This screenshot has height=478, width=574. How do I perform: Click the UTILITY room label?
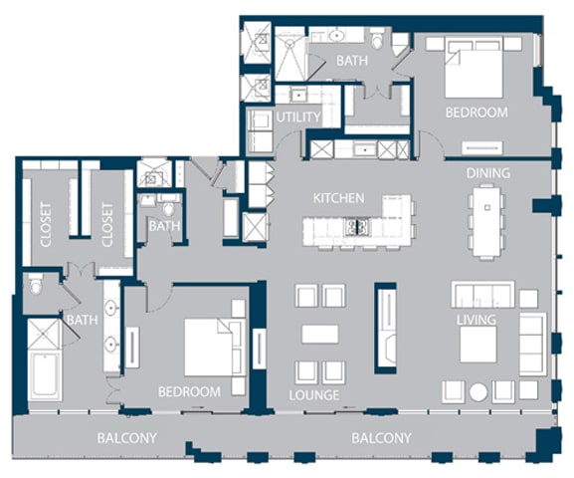click(298, 118)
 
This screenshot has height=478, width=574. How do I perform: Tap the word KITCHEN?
click(338, 198)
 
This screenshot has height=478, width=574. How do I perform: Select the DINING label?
click(488, 173)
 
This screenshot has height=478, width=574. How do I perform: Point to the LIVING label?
click(476, 320)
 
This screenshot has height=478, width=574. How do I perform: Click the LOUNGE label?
click(314, 395)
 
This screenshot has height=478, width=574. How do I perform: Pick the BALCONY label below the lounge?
click(381, 438)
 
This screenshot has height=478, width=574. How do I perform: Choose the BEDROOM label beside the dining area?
click(476, 113)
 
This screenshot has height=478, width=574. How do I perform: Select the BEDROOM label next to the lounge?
click(189, 391)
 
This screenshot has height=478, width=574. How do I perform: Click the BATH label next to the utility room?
click(351, 61)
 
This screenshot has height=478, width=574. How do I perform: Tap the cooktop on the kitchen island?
click(357, 228)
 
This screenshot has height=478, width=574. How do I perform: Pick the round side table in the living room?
click(479, 391)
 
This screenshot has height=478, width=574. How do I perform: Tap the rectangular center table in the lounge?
click(320, 334)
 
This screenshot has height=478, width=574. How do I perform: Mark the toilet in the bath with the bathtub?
click(36, 287)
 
